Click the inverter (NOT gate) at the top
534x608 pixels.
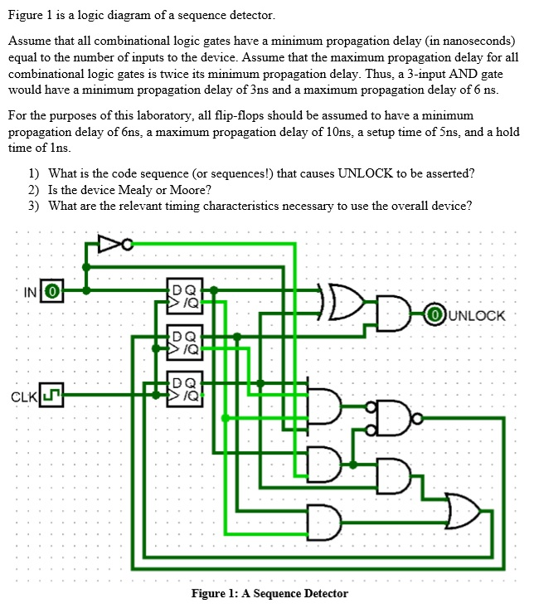click(109, 244)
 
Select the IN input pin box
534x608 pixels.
click(51, 291)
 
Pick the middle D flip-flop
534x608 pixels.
click(183, 342)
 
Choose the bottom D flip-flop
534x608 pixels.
click(183, 387)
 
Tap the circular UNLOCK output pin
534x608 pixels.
click(432, 315)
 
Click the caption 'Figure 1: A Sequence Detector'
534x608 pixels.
click(269, 593)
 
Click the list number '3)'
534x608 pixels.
click(33, 206)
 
